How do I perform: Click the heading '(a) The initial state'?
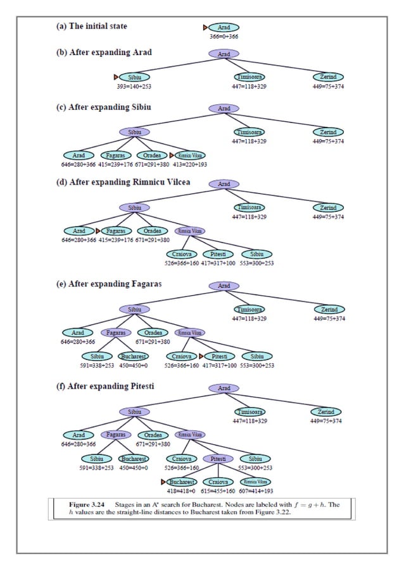point(91,26)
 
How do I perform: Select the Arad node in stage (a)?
point(224,28)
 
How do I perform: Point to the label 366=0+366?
point(224,37)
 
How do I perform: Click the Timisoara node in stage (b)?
point(249,77)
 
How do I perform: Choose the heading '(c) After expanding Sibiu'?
point(103,107)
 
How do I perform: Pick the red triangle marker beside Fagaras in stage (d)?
point(98,231)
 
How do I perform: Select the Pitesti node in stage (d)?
point(218,254)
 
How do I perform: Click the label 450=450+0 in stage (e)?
point(134,365)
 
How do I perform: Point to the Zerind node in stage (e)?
point(329,310)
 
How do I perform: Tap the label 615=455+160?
point(218,490)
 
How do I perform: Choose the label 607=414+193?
point(256,490)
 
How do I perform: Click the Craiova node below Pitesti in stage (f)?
point(219,482)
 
